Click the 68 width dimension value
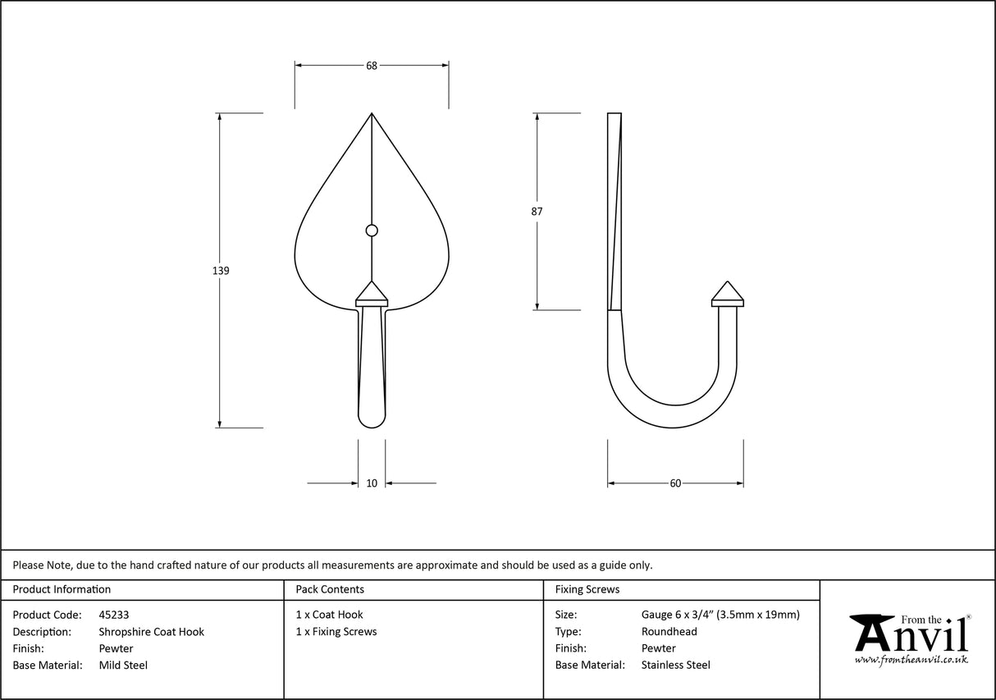(x=372, y=66)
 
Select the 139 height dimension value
(x=220, y=270)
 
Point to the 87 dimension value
(x=537, y=211)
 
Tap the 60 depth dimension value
(x=675, y=483)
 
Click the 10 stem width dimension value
(x=372, y=483)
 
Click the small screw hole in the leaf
(x=372, y=231)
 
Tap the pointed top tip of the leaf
(x=372, y=114)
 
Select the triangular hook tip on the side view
(x=727, y=292)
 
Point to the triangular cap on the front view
(x=372, y=292)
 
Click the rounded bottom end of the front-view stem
(x=372, y=419)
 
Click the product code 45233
(x=113, y=615)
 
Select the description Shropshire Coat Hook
(x=151, y=632)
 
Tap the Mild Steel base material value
(x=123, y=666)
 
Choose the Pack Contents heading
(x=330, y=589)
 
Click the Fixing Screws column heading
(x=587, y=589)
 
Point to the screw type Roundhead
(x=669, y=632)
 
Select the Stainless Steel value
(x=675, y=666)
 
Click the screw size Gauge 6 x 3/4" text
(x=720, y=615)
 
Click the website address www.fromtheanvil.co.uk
(x=911, y=659)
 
